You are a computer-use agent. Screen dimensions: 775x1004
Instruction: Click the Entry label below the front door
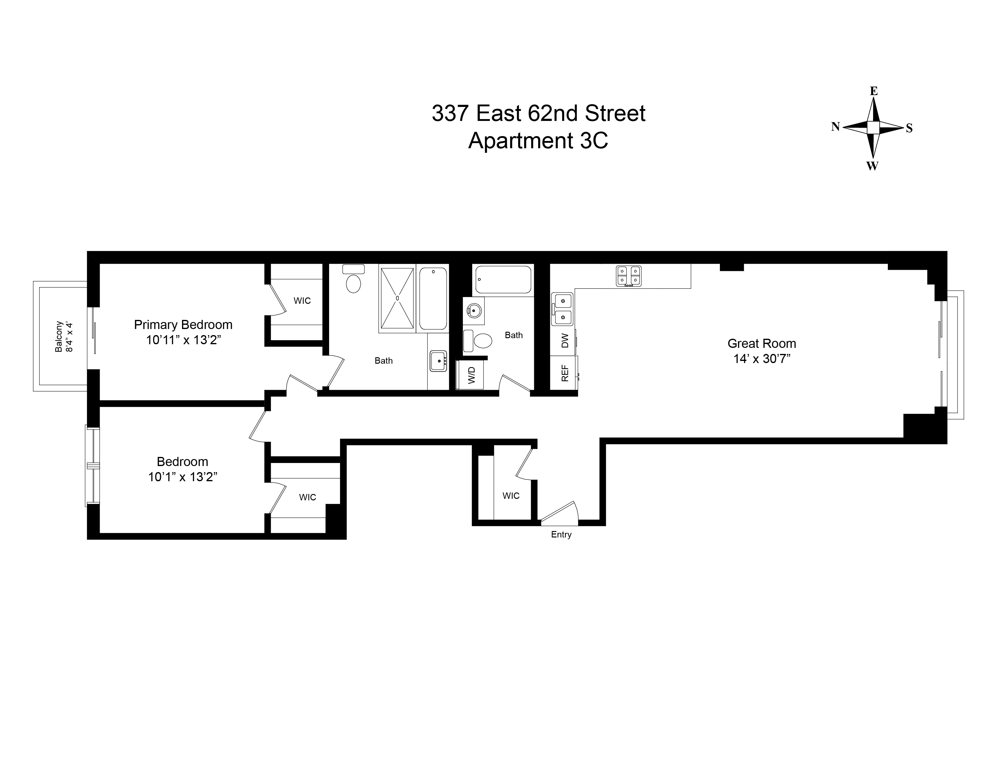tap(561, 535)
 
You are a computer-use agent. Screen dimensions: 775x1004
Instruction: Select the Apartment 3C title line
tap(538, 141)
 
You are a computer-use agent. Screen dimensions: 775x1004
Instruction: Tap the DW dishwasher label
tap(565, 341)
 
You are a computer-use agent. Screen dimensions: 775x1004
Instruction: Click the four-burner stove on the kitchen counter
tap(628, 276)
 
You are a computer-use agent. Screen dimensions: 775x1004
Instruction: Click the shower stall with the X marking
tap(397, 298)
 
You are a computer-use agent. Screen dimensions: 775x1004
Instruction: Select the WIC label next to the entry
tap(511, 496)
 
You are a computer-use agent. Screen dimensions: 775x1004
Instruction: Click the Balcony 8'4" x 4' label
tap(64, 337)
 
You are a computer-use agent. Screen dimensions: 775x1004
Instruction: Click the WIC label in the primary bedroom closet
tap(302, 301)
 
